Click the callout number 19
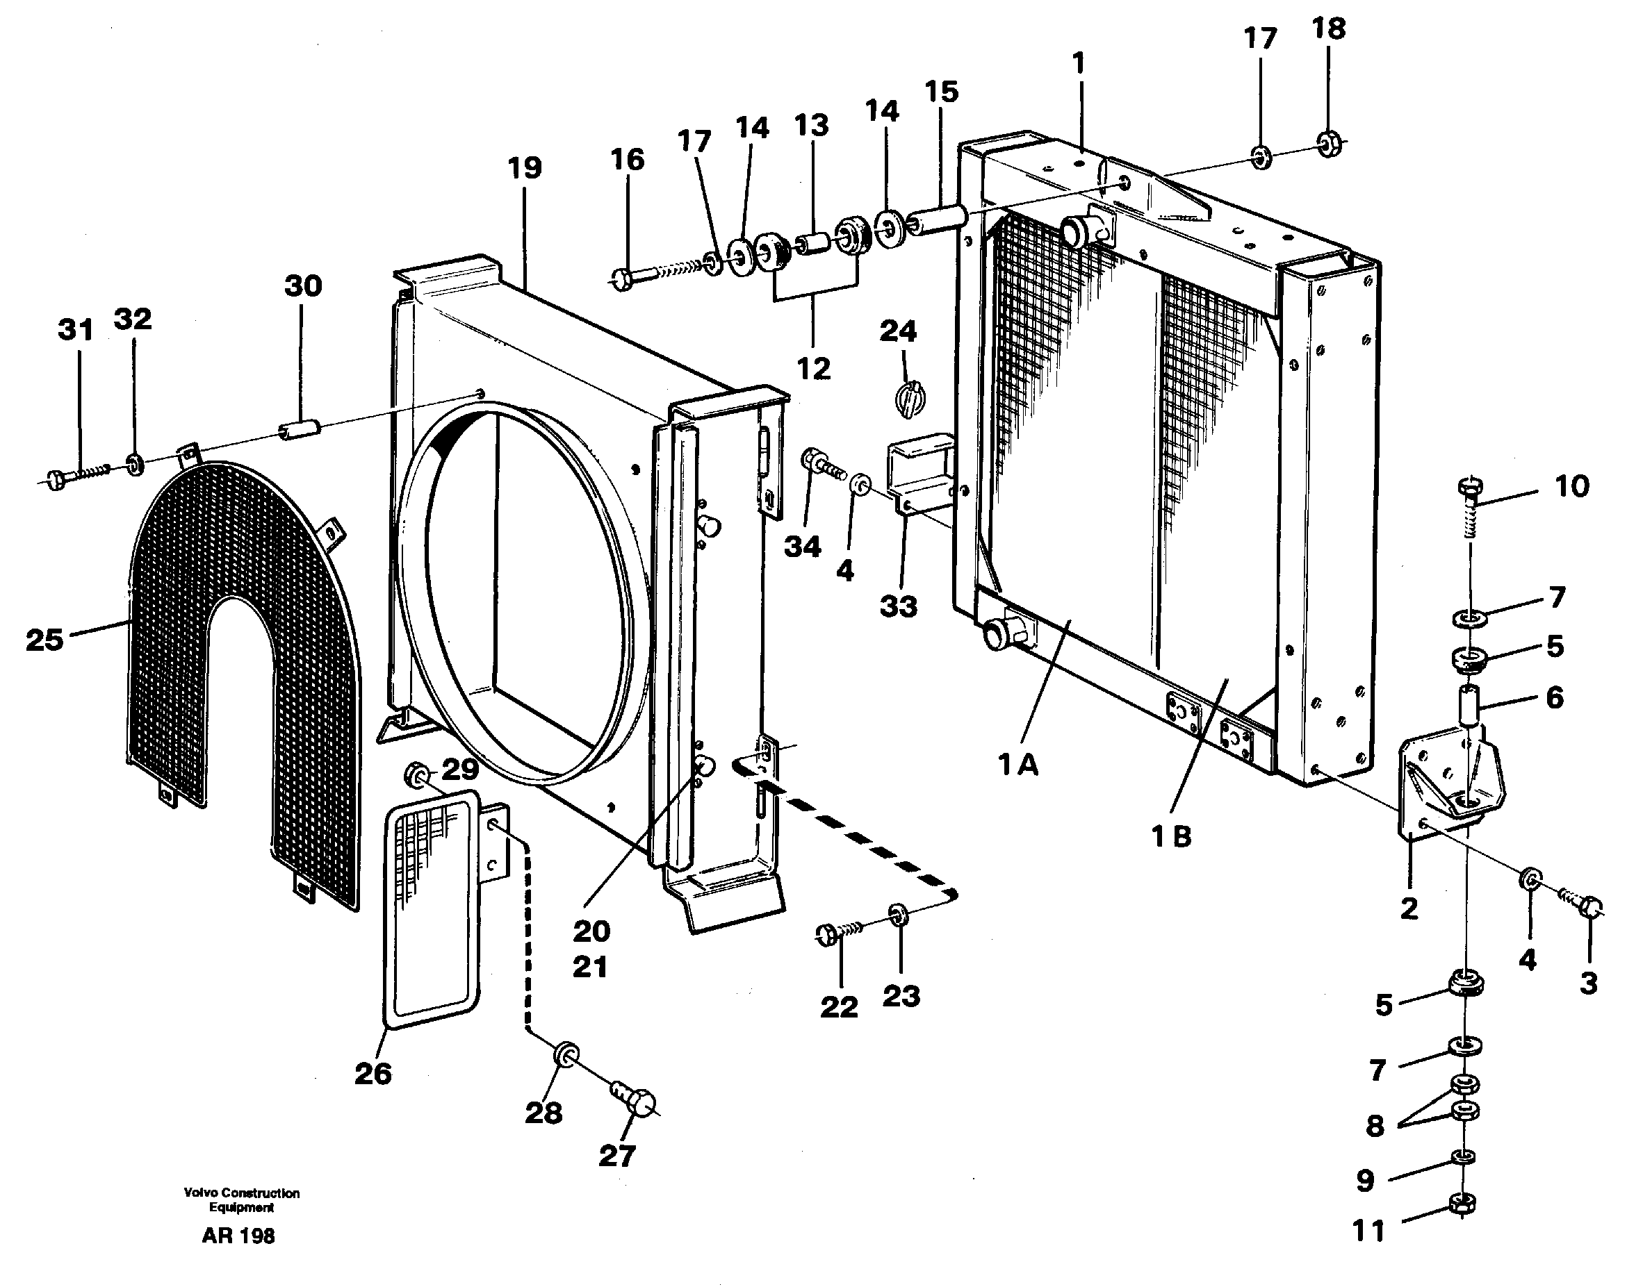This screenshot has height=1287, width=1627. [x=525, y=168]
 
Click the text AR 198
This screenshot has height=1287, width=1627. [x=238, y=1236]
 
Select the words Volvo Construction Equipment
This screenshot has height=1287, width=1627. [x=241, y=1199]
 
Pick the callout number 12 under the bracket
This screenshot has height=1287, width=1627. [x=813, y=369]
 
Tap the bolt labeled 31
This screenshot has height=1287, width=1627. [x=72, y=477]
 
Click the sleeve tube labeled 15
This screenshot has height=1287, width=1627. [x=937, y=219]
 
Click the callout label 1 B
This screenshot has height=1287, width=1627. [x=1172, y=836]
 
